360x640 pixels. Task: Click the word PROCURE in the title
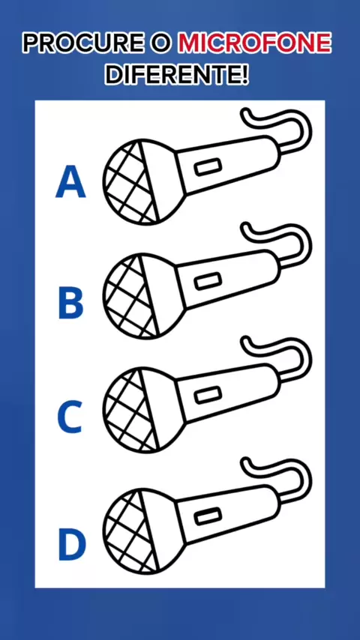pos(83,43)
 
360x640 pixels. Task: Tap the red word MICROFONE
pos(254,43)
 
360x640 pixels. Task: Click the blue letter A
pos(70,182)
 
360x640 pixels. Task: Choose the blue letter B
pos(71,303)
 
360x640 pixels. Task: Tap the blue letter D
pos(72,544)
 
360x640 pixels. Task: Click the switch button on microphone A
pos(208,167)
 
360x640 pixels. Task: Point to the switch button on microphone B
pos(208,282)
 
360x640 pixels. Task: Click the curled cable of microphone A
pos(303,122)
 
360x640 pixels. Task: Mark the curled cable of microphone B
pos(303,237)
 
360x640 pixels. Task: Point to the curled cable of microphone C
pos(303,351)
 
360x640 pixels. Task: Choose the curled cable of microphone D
pos(303,472)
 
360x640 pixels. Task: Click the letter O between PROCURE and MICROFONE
pos(161,43)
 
